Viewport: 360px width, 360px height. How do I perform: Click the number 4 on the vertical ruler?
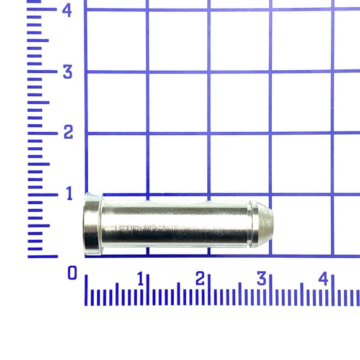pos(67,11)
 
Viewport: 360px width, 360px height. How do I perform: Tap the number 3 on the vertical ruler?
pos(68,72)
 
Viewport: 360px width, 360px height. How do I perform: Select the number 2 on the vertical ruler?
pos(68,132)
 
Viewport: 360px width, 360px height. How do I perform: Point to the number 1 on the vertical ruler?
pos(69,193)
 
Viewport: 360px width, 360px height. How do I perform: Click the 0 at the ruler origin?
pos(72,272)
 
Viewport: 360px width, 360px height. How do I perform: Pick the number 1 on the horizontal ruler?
pos(140,279)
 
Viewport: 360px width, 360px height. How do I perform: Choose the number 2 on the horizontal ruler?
pos(200,278)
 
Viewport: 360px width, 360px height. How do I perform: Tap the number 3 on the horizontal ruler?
pos(261,278)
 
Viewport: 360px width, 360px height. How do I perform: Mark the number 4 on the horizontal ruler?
pos(323,278)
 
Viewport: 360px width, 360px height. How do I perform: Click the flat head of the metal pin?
pos(92,224)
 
